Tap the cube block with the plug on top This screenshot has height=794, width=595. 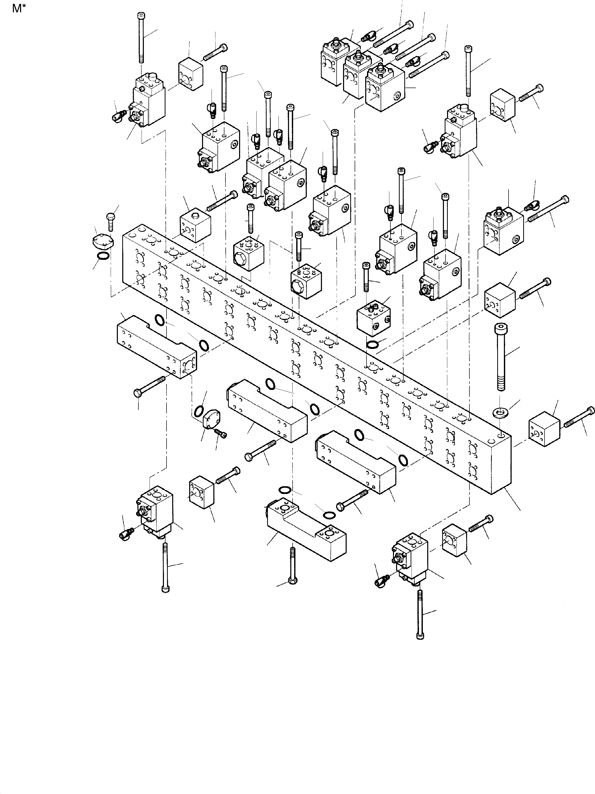[x=195, y=226]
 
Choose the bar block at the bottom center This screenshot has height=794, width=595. [x=307, y=537]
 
